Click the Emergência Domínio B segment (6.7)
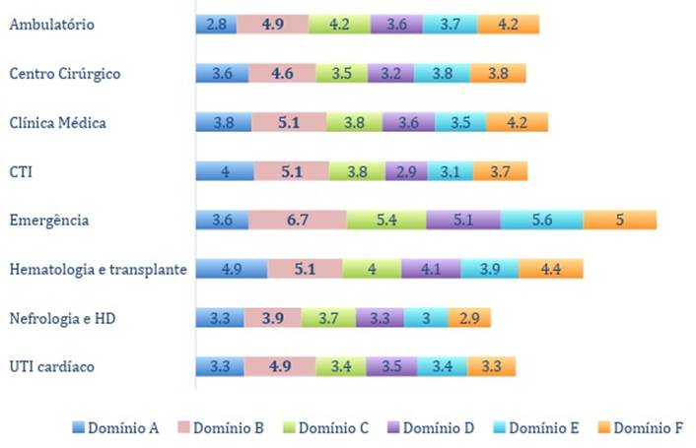[x=297, y=220]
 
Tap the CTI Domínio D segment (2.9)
[x=405, y=171]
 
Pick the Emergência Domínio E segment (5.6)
[x=541, y=220]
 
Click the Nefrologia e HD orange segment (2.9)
[x=469, y=318]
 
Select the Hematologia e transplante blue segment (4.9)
[x=231, y=269]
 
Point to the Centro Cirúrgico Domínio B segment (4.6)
[x=282, y=74]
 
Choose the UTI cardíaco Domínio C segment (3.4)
[x=341, y=366]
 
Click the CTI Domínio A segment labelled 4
[x=225, y=171]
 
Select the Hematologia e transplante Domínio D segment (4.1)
[x=431, y=269]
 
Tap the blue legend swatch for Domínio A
[x=78, y=427]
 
